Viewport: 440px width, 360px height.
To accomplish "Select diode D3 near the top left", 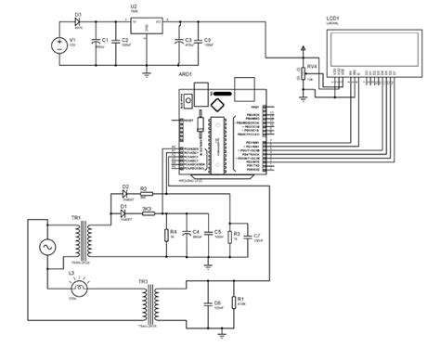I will [x=79, y=24].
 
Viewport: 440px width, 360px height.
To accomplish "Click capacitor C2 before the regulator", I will [x=116, y=42].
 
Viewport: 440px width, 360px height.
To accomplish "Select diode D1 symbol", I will [x=124, y=212].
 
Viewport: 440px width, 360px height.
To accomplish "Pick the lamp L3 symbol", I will [x=72, y=284].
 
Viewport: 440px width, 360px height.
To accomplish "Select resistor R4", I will [x=166, y=234].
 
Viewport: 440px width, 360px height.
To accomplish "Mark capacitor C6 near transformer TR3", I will [x=207, y=302].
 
